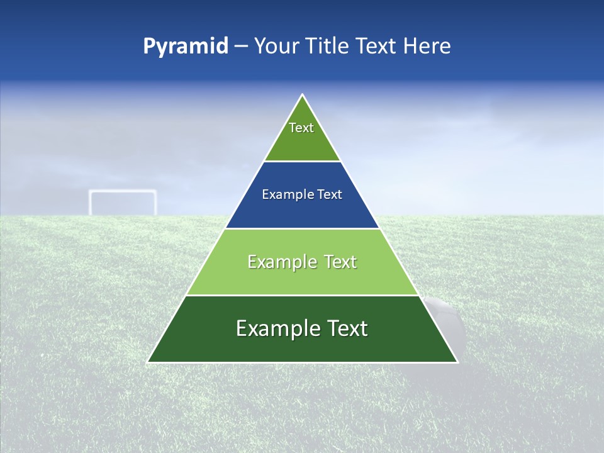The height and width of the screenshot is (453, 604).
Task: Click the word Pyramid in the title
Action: (x=186, y=46)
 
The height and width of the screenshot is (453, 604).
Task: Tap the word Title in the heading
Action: (x=331, y=46)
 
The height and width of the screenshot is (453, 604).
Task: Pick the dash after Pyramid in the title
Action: (x=241, y=47)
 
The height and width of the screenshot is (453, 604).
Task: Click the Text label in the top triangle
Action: (x=301, y=128)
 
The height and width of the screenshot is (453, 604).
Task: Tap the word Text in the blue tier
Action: (x=330, y=195)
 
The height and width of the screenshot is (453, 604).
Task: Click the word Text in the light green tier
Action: (x=340, y=262)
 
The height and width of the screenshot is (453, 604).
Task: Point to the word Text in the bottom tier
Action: (x=347, y=328)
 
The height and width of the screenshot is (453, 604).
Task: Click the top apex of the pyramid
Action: (x=303, y=95)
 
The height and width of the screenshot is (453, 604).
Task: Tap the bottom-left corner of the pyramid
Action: (x=148, y=362)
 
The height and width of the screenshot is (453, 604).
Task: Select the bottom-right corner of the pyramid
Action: (x=457, y=362)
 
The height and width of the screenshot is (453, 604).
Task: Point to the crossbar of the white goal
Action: (x=123, y=192)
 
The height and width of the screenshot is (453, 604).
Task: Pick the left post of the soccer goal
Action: (x=91, y=203)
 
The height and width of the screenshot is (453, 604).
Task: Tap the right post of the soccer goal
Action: (x=155, y=203)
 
